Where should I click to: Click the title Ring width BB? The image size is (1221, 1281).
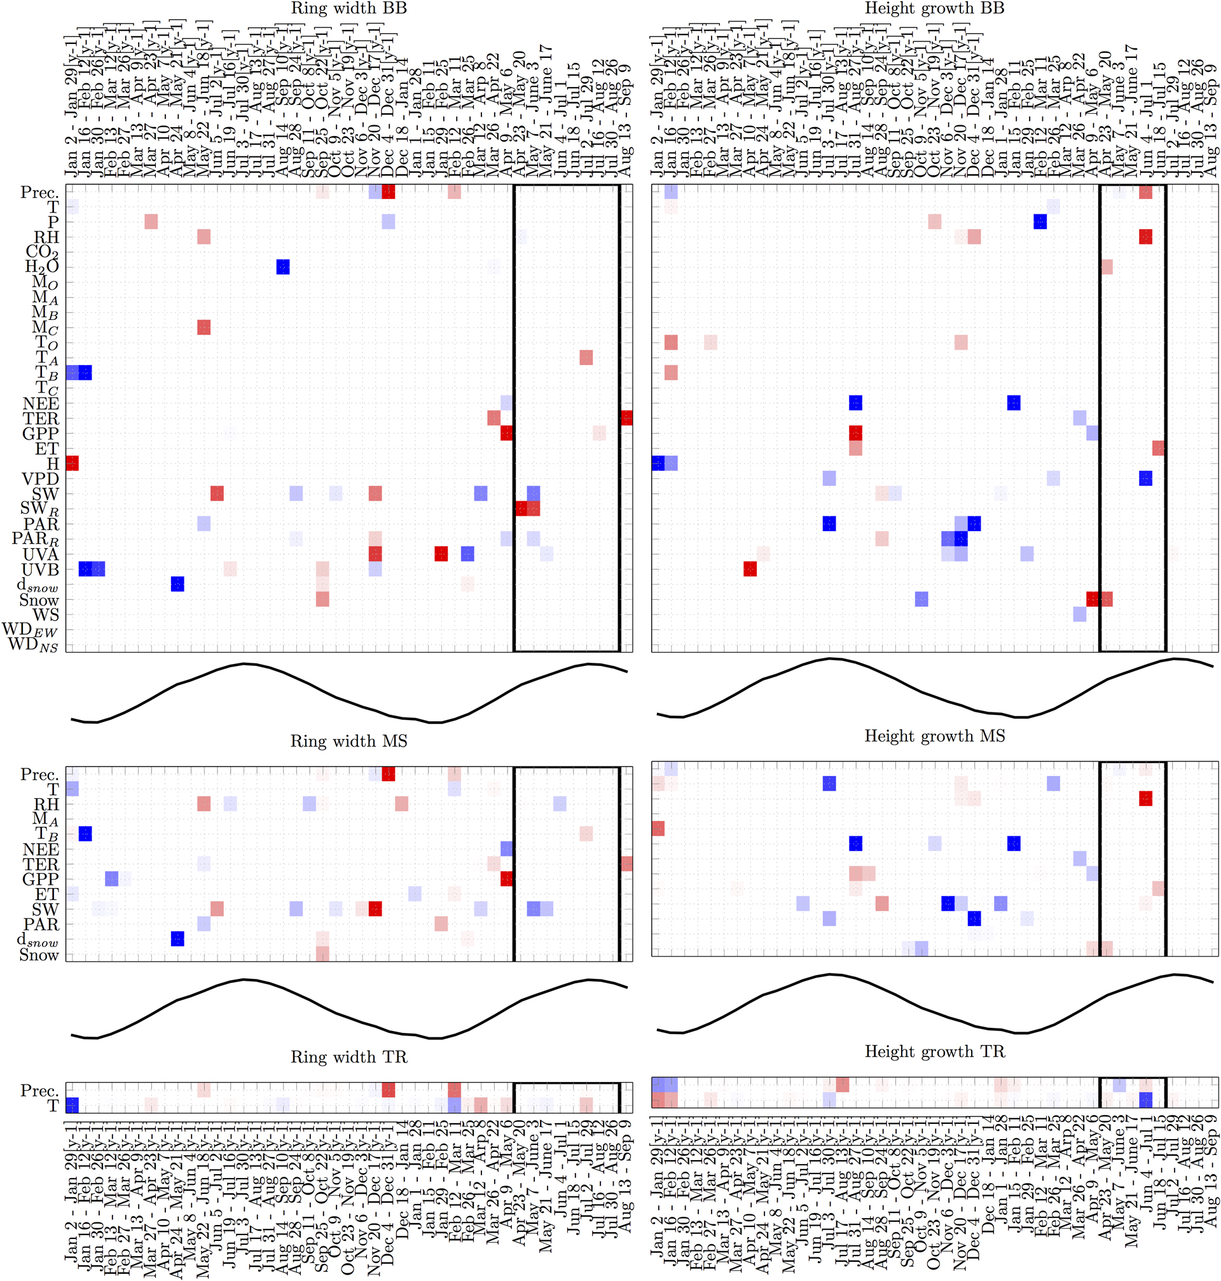click(348, 8)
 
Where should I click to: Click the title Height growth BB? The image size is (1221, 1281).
click(934, 8)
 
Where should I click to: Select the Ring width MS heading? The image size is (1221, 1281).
click(348, 742)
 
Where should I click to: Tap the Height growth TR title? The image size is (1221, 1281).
click(935, 1052)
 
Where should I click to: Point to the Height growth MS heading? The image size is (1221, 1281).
click(935, 736)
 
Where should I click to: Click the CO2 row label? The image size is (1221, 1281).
click(42, 252)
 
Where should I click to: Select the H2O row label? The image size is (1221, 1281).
click(42, 267)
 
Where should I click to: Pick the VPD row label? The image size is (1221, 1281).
click(40, 479)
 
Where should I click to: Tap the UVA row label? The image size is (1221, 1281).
click(40, 555)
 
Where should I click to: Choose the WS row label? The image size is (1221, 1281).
click(46, 615)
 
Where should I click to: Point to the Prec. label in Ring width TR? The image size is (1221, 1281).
click(39, 1090)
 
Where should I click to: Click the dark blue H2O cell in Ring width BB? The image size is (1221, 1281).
click(282, 267)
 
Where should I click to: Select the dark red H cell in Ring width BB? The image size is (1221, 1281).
click(72, 464)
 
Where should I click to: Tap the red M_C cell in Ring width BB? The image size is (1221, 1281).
click(203, 328)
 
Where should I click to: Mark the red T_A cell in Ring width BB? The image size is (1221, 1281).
click(586, 357)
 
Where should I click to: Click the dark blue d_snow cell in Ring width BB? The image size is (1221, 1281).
click(177, 584)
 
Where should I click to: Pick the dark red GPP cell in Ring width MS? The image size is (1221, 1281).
click(506, 879)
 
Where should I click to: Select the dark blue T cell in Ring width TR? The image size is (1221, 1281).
click(72, 1105)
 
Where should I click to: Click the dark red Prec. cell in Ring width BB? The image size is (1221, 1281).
click(389, 192)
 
